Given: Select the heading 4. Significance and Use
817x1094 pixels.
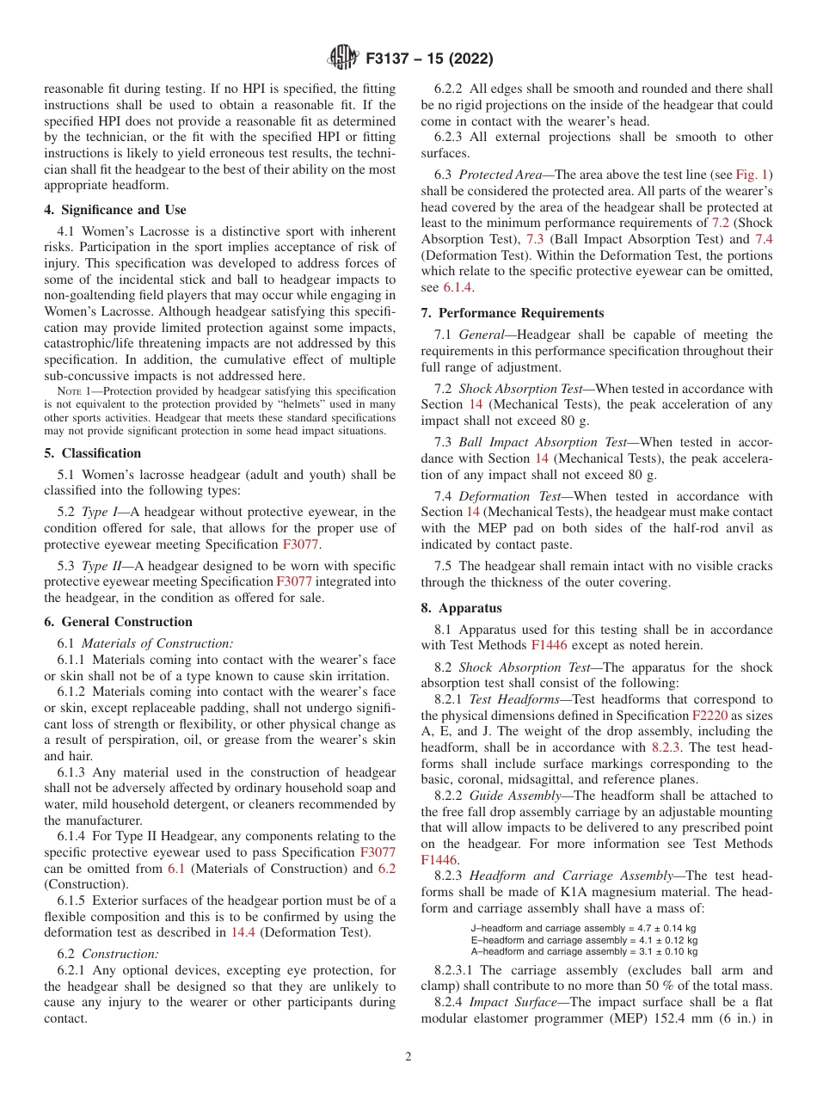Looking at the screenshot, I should pos(115,210).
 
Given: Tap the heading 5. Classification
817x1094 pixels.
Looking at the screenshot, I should pos(93,453).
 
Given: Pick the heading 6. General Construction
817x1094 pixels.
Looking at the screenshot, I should pos(119,622).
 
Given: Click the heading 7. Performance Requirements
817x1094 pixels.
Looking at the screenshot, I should pos(513,313).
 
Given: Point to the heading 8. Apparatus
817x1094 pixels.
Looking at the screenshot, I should pos(461,608).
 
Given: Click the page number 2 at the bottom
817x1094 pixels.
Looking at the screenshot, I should pos(408,1057).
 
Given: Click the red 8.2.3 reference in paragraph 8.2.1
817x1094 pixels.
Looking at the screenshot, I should pos(665,747).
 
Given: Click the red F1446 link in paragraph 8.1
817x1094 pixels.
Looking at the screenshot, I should pos(549,645).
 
